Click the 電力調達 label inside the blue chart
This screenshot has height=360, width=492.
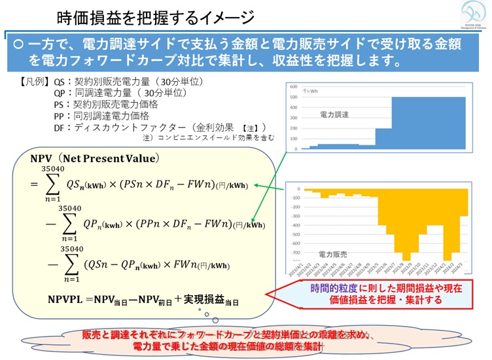[x=334, y=114]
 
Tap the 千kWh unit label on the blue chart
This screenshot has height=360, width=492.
[x=310, y=91]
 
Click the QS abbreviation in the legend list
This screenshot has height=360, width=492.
[x=60, y=82]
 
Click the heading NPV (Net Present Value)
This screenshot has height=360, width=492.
[x=94, y=159]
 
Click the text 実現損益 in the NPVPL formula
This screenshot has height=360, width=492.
[x=202, y=299]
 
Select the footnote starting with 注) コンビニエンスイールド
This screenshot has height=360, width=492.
[x=208, y=138]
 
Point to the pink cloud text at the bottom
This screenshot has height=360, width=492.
[x=247, y=338]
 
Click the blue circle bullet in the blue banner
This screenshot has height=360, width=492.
[x=18, y=45]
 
